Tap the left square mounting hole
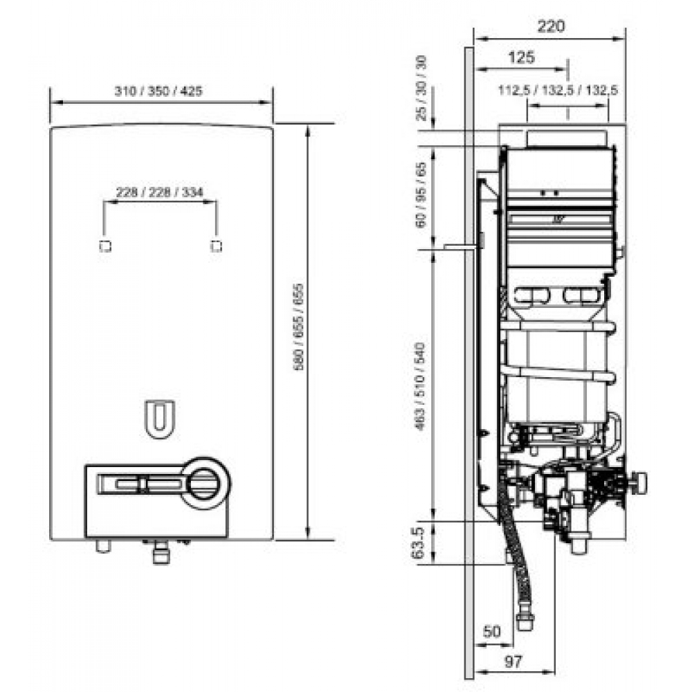pos(105,246)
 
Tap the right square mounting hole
pos(217,246)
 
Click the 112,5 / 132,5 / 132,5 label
pos(558,90)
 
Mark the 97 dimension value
pos(513,661)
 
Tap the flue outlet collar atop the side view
pos(568,138)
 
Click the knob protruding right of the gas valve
pos(641,482)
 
